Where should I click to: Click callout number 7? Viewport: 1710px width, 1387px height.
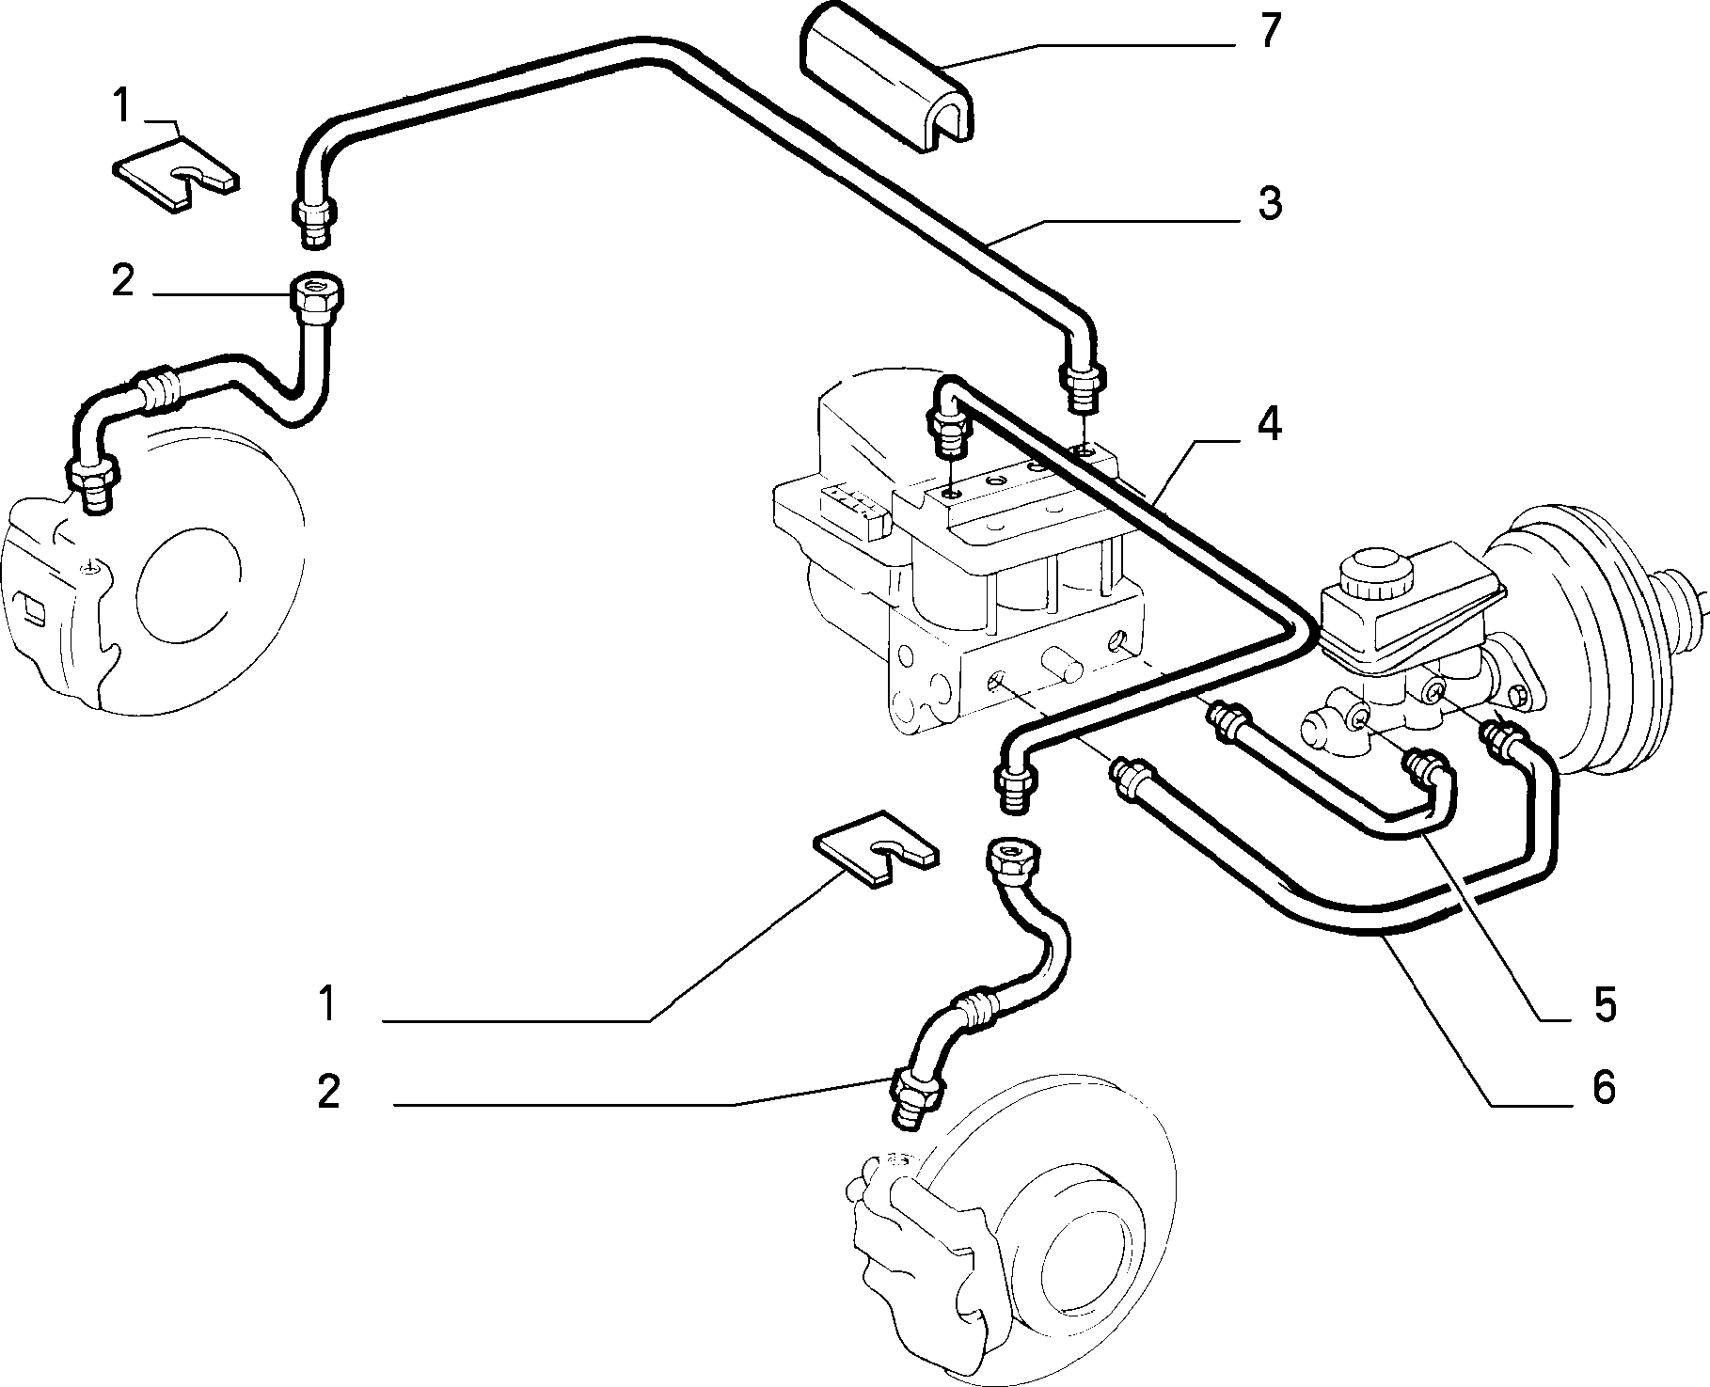click(1269, 33)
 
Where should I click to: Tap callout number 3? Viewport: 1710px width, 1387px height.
click(1270, 203)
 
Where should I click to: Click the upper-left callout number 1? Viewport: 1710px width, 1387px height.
click(121, 106)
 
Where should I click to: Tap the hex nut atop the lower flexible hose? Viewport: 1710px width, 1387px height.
click(1012, 859)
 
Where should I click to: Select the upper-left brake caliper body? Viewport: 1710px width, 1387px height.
click(66, 602)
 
